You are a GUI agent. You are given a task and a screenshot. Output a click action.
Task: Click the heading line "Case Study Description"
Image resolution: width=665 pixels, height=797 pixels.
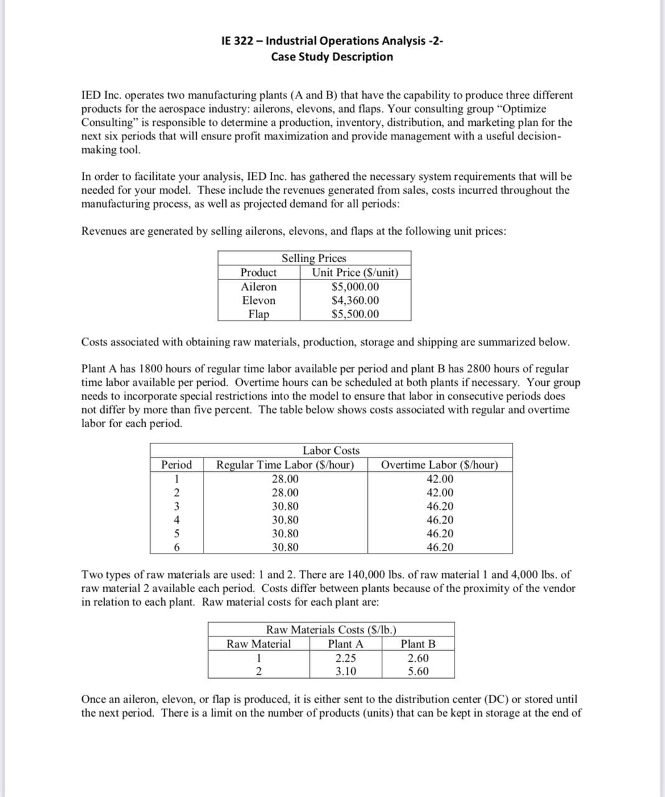tap(332, 57)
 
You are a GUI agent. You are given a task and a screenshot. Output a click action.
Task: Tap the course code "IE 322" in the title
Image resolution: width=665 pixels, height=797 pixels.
tap(240, 41)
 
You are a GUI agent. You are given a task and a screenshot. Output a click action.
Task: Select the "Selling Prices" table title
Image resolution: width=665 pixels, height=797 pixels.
tap(314, 258)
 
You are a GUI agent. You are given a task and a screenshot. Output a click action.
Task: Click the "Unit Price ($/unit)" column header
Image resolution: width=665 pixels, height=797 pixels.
tap(355, 272)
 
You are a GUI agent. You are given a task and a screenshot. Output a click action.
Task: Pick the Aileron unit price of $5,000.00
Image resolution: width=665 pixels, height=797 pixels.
tap(355, 286)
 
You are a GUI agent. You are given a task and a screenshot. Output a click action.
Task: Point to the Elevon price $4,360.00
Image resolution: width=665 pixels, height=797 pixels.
tap(355, 300)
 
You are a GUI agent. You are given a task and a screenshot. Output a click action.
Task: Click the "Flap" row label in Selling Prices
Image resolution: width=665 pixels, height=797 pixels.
tap(258, 314)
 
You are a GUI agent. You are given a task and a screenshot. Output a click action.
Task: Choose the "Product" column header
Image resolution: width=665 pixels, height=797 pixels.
tap(258, 272)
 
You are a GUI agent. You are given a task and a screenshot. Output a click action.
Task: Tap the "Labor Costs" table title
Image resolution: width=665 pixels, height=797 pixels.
tap(331, 450)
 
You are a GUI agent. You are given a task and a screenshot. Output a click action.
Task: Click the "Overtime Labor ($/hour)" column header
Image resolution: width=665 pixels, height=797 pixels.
tap(439, 465)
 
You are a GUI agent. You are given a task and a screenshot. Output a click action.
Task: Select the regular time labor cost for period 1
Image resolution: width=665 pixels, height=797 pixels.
tap(285, 479)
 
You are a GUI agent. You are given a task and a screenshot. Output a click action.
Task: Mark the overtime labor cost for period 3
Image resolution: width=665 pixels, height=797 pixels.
tap(440, 506)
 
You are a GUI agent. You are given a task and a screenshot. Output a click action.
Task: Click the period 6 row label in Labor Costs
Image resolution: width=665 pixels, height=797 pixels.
tap(177, 547)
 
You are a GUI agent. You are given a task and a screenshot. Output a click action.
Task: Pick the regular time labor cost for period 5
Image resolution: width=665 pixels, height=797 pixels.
tap(285, 534)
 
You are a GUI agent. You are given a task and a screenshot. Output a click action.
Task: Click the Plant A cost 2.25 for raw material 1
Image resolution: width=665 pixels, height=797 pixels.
tap(346, 658)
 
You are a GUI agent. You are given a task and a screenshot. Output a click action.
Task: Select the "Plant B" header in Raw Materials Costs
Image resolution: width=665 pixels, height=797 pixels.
tap(418, 644)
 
